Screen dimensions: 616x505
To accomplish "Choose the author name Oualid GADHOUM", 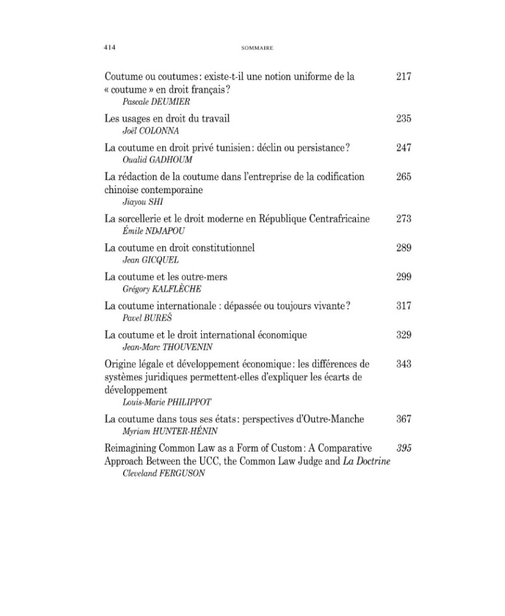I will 151,160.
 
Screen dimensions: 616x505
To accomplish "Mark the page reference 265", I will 403,177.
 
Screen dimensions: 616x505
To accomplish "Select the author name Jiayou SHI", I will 137,201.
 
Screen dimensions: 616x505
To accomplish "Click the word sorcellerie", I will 143,218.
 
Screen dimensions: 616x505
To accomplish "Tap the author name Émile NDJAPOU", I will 150,231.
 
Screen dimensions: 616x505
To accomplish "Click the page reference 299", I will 403,276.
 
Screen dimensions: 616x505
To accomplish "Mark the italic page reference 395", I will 403,448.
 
